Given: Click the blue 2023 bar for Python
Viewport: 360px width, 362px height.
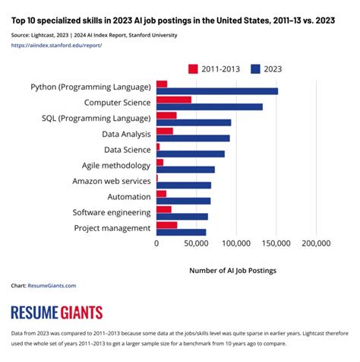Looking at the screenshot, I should point(216,91).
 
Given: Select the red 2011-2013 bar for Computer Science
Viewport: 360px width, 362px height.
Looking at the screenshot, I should point(173,100).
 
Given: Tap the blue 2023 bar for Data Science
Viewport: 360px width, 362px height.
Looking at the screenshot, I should point(190,154).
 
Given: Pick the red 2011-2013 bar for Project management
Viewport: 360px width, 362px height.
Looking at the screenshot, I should point(166,224).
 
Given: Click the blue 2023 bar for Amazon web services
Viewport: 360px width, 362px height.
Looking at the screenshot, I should point(183,185).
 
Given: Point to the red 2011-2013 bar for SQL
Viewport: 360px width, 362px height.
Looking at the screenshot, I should point(166,116).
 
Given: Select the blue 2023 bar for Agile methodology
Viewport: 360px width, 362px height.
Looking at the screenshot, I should point(185,170).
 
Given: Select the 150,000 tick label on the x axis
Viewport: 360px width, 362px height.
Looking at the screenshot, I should point(276,244).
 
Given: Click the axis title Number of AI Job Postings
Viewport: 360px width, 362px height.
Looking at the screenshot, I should point(232,270).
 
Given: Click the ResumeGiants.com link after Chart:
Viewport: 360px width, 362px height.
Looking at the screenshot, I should point(52,286).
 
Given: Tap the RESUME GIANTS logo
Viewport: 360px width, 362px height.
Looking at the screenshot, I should point(57,313).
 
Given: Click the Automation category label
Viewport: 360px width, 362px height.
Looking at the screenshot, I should point(128,197).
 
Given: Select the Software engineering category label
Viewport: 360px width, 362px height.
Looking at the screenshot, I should point(112,212).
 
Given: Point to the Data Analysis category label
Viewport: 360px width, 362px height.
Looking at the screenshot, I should point(126,134).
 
